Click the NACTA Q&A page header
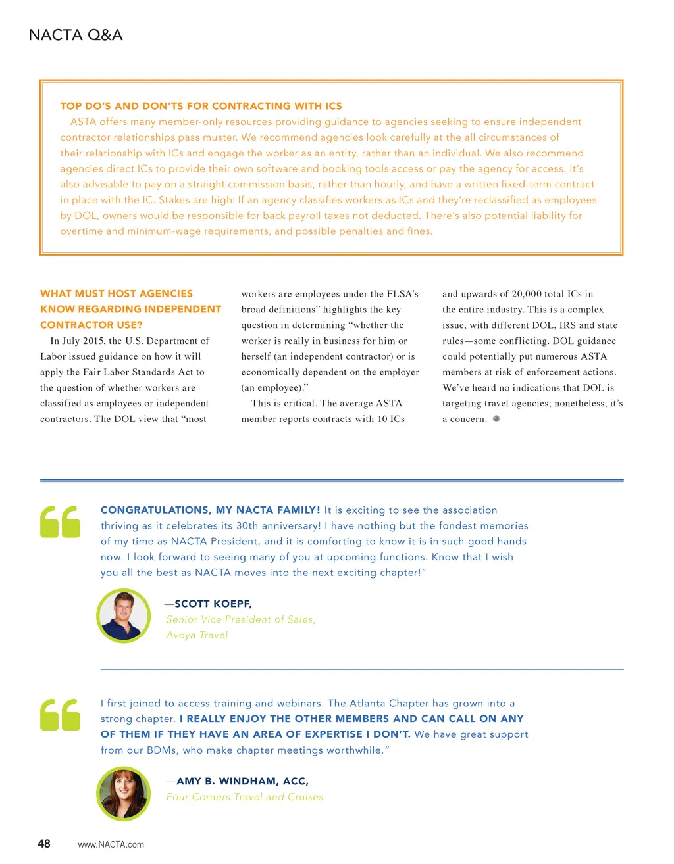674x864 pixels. click(x=76, y=35)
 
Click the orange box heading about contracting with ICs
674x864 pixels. click(x=201, y=106)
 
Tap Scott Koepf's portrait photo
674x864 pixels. click(x=124, y=615)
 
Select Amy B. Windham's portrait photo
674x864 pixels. click(x=124, y=793)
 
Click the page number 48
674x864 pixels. click(x=44, y=844)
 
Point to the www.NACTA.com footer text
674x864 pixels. click(x=111, y=844)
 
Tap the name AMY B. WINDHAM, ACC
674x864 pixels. click(x=242, y=781)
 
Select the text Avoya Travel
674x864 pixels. click(x=197, y=635)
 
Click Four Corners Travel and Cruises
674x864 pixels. click(x=245, y=797)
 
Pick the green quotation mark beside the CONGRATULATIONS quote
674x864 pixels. click(x=60, y=521)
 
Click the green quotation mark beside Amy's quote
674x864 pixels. click(x=60, y=714)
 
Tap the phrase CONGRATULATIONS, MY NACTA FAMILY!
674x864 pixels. click(x=211, y=510)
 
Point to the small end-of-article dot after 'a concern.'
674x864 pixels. click(x=496, y=419)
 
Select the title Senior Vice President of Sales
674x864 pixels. click(x=241, y=619)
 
